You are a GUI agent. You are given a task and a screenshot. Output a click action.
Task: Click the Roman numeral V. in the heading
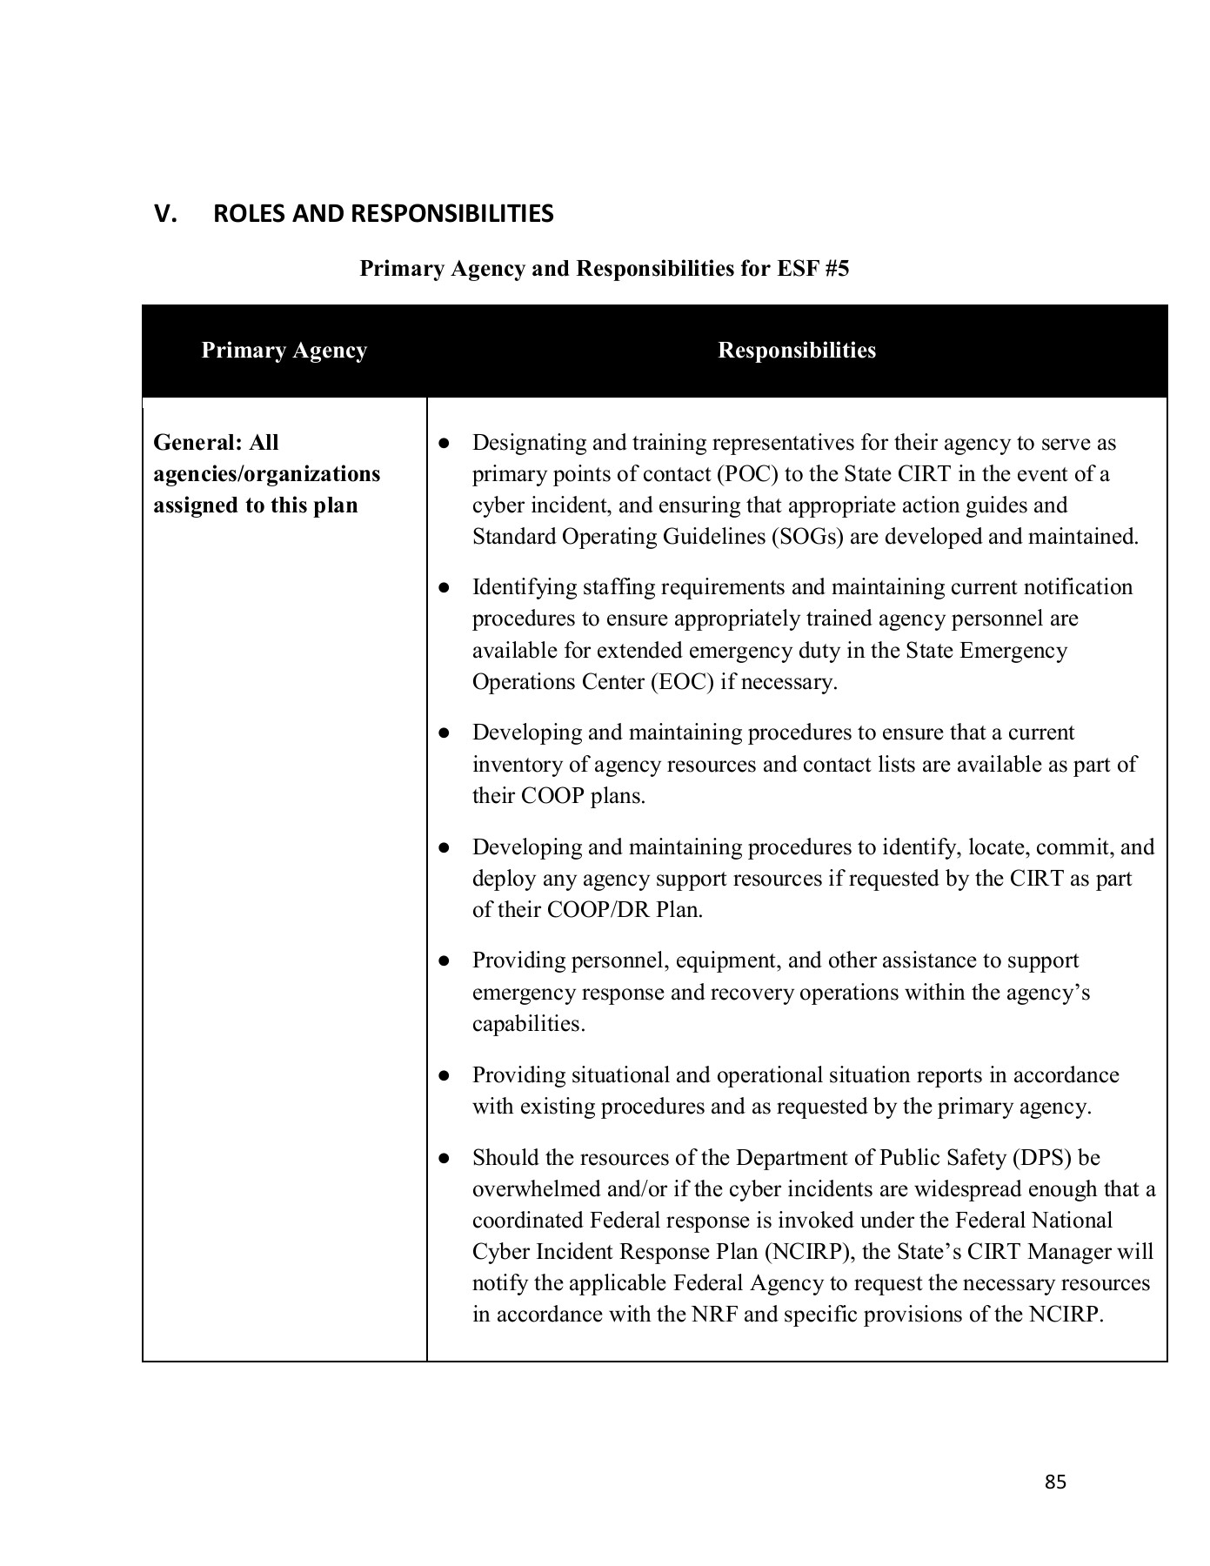click(x=165, y=214)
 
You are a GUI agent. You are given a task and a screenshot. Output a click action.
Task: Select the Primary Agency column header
click(x=284, y=351)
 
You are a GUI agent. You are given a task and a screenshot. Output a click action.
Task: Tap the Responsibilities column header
click(x=796, y=351)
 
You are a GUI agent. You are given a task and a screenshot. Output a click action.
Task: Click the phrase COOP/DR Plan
click(x=624, y=910)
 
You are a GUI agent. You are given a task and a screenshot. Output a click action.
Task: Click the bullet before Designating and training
click(x=444, y=444)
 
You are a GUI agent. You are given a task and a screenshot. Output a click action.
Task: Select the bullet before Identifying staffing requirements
click(x=444, y=588)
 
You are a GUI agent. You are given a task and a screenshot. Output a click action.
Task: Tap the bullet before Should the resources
click(x=444, y=1159)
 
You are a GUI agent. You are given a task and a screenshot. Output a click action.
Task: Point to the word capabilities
click(x=527, y=1024)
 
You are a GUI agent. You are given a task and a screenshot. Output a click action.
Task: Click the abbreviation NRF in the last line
click(x=714, y=1315)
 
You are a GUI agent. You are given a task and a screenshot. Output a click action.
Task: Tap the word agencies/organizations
click(x=266, y=474)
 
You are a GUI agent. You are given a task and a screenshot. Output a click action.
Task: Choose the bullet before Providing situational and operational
click(x=444, y=1076)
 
